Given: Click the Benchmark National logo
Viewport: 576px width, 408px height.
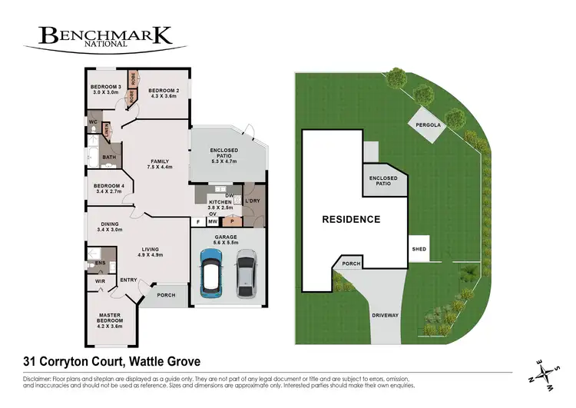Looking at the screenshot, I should [104, 37].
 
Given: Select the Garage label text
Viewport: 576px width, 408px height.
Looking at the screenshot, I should [226, 237].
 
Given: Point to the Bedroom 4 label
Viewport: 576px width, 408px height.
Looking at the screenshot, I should [108, 186].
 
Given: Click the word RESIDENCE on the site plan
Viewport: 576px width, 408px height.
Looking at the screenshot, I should [350, 220].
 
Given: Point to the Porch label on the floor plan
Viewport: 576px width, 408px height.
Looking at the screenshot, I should [166, 294].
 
